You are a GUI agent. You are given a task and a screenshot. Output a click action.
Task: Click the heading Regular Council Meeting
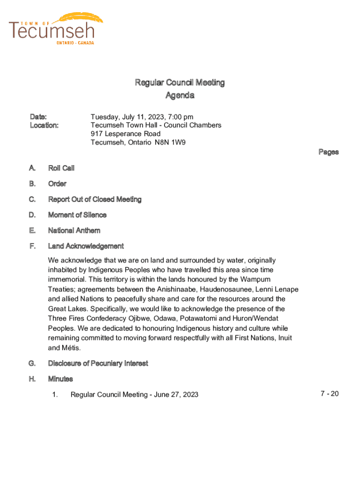pos(180,83)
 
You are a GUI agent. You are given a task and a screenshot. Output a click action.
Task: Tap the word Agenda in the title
pos(180,95)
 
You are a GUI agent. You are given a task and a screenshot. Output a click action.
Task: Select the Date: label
pos(38,116)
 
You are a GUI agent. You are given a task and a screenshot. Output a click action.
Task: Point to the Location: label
pos(44,125)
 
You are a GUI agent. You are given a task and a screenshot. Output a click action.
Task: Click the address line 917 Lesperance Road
pos(125,134)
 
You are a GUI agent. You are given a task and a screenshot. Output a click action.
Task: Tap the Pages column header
pos(328,152)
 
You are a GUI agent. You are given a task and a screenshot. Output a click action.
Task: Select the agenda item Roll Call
pos(61,168)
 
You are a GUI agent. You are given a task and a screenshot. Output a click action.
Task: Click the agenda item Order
pos(57,184)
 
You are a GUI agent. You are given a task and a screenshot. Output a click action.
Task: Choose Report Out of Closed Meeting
pos(94,199)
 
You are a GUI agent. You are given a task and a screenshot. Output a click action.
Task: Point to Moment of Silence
pos(77,215)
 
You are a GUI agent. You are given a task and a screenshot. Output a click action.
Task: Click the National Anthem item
pos(74,231)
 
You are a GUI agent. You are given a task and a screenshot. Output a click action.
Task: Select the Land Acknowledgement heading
pos(86,246)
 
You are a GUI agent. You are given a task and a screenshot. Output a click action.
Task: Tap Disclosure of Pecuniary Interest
pos(98,363)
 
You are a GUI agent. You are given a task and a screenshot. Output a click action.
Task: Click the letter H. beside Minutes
pos(32,379)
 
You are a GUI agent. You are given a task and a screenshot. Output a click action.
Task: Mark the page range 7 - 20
pos(330,394)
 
